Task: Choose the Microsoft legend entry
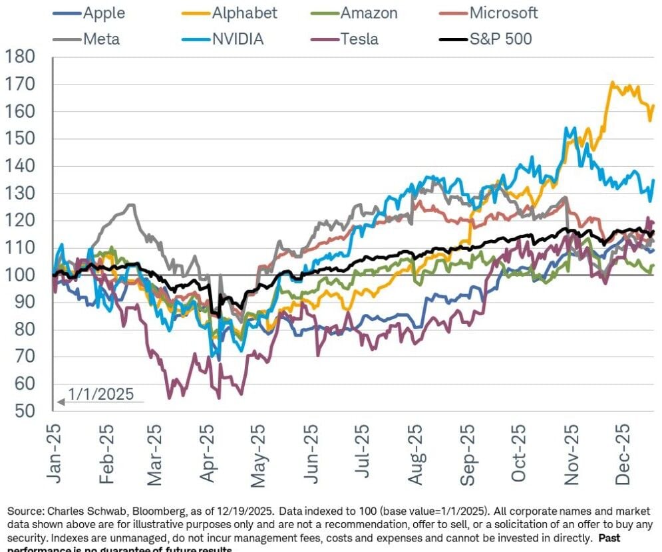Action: coord(504,13)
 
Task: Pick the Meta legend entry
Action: coord(102,39)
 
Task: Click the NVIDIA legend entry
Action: coord(238,39)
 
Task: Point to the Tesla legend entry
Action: coord(359,39)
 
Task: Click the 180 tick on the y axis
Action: coord(21,58)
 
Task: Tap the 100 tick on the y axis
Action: coord(21,275)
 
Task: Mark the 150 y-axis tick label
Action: coord(21,140)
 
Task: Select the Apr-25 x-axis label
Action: coord(207,452)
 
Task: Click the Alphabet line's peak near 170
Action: coord(612,83)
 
